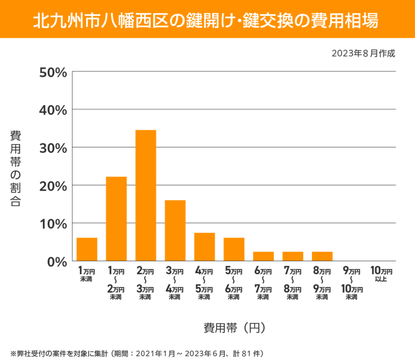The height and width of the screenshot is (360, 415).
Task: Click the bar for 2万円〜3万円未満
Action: click(146, 195)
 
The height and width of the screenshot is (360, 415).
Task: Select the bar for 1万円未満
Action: click(87, 249)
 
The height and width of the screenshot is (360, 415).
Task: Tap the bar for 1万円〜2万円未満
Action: click(116, 219)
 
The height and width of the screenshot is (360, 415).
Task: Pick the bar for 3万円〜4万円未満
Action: click(175, 230)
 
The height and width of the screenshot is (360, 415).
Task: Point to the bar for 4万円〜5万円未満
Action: click(205, 247)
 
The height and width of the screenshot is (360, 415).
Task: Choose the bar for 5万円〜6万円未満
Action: click(234, 249)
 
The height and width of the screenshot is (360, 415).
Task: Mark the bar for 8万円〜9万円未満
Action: click(322, 256)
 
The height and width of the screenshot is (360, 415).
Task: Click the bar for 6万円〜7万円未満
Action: click(263, 256)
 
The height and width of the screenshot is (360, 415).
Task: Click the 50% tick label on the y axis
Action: click(53, 73)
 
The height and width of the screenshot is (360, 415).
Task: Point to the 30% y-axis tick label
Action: click(53, 148)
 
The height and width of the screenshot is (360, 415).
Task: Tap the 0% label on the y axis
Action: click(57, 262)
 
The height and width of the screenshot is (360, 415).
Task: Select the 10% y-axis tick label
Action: click(53, 224)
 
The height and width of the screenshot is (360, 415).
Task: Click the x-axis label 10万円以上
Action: click(381, 274)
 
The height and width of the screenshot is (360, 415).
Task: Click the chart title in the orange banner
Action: click(207, 20)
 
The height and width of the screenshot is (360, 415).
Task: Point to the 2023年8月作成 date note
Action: click(363, 53)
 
